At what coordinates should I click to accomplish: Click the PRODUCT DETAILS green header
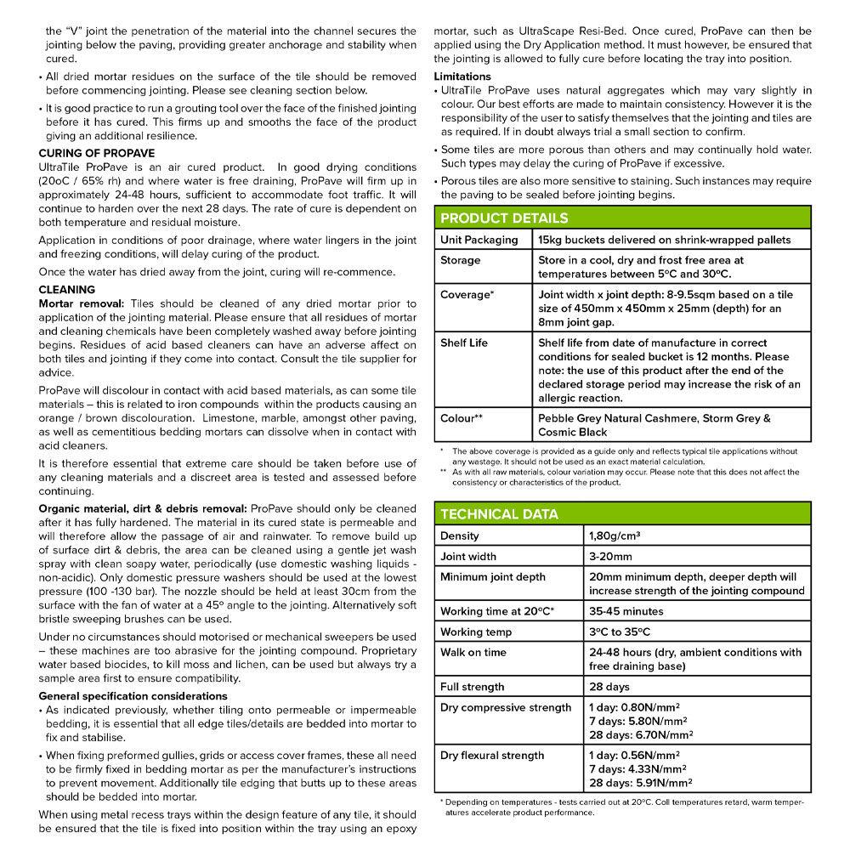(504, 218)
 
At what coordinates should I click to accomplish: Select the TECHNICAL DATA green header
(499, 514)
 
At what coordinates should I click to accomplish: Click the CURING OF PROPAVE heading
(97, 153)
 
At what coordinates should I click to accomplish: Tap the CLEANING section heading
(67, 290)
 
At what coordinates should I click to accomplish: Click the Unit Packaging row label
(479, 240)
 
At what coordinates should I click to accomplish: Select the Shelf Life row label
(464, 343)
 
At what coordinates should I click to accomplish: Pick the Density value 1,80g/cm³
(615, 536)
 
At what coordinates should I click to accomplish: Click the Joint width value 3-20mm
(610, 557)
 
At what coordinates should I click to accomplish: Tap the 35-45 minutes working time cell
(626, 611)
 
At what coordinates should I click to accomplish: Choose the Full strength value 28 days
(609, 687)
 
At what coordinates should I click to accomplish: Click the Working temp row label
(476, 632)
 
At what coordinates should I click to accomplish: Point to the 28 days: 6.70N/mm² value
(640, 735)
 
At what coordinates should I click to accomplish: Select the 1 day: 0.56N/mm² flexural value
(634, 755)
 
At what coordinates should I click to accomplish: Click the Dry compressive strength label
(506, 707)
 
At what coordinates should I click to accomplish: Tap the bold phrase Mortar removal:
(82, 303)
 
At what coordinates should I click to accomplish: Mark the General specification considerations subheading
(132, 696)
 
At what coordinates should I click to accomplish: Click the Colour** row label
(462, 418)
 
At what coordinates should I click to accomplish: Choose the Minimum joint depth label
(493, 577)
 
